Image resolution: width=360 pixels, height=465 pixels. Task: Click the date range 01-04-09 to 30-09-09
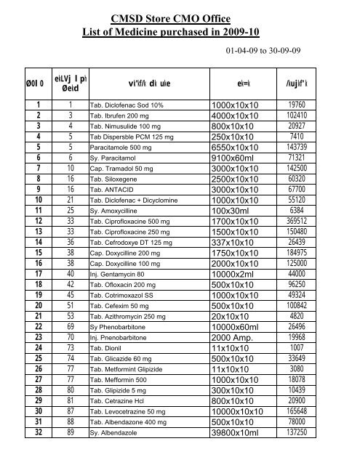click(x=280, y=52)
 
